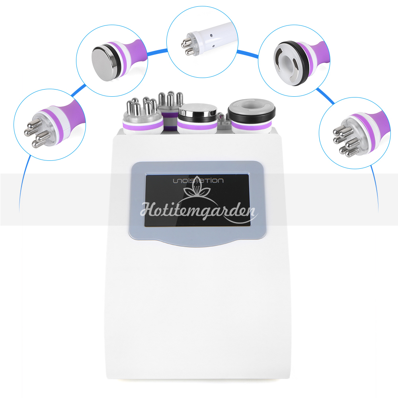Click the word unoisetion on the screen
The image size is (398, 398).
pos(198,180)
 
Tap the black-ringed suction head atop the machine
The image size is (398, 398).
pos(252,116)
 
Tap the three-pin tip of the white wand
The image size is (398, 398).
pos(187,45)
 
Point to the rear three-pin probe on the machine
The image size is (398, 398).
pos(170,109)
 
